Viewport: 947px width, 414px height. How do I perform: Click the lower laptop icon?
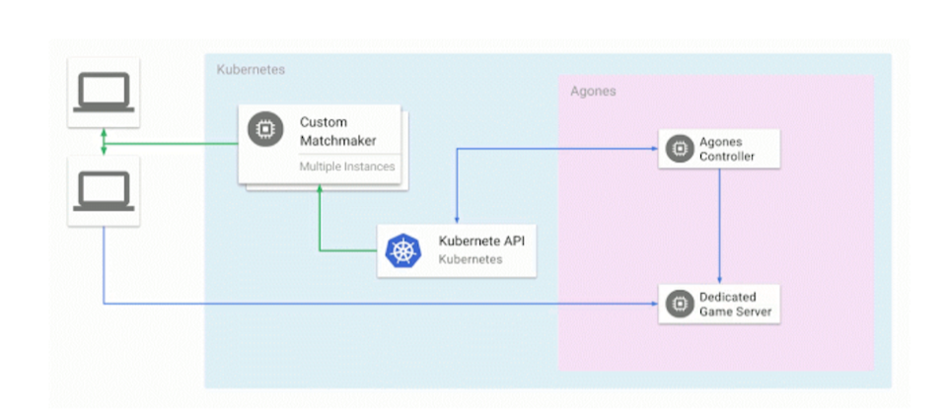pyautogui.click(x=103, y=190)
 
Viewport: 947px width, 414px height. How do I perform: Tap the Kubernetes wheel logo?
pyautogui.click(x=402, y=250)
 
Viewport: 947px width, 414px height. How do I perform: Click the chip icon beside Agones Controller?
pyautogui.click(x=678, y=148)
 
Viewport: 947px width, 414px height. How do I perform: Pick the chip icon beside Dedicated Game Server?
pyautogui.click(x=678, y=305)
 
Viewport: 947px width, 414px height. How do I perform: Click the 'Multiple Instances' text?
pyautogui.click(x=347, y=167)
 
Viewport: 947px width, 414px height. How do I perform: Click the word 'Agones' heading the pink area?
pyautogui.click(x=593, y=91)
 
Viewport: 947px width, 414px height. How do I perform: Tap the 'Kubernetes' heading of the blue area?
pyautogui.click(x=251, y=70)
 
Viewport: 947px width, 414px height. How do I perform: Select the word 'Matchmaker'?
pyautogui.click(x=338, y=141)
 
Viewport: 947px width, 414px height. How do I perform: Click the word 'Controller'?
pyautogui.click(x=727, y=156)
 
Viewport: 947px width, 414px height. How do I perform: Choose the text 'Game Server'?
pyautogui.click(x=736, y=312)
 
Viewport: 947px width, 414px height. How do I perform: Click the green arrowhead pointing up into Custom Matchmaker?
pyautogui.click(x=319, y=192)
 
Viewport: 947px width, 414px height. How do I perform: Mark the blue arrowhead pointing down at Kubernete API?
pyautogui.click(x=455, y=220)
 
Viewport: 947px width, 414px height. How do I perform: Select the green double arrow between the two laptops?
pyautogui.click(x=103, y=141)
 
